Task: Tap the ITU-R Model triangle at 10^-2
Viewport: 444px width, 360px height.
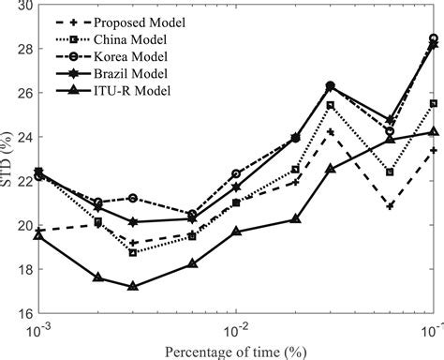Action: [236, 232]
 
